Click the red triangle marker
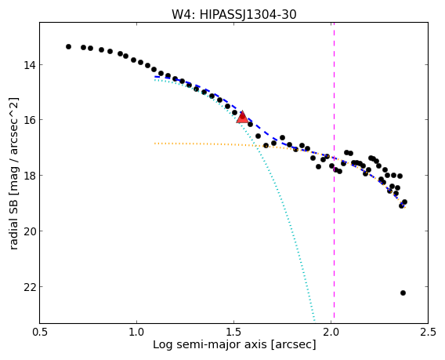point(242,118)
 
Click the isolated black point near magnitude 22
point(403,293)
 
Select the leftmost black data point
point(68,46)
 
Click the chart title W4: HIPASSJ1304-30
point(233,14)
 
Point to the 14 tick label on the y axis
point(30,65)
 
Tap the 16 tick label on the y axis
point(30,120)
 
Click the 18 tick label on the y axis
point(30,176)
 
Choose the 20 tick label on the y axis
point(30,231)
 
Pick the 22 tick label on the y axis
point(30,287)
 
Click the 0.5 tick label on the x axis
point(40,332)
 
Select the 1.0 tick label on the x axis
point(137,332)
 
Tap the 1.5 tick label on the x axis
point(233,332)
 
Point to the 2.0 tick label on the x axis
point(331,332)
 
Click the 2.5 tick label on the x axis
point(428,332)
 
